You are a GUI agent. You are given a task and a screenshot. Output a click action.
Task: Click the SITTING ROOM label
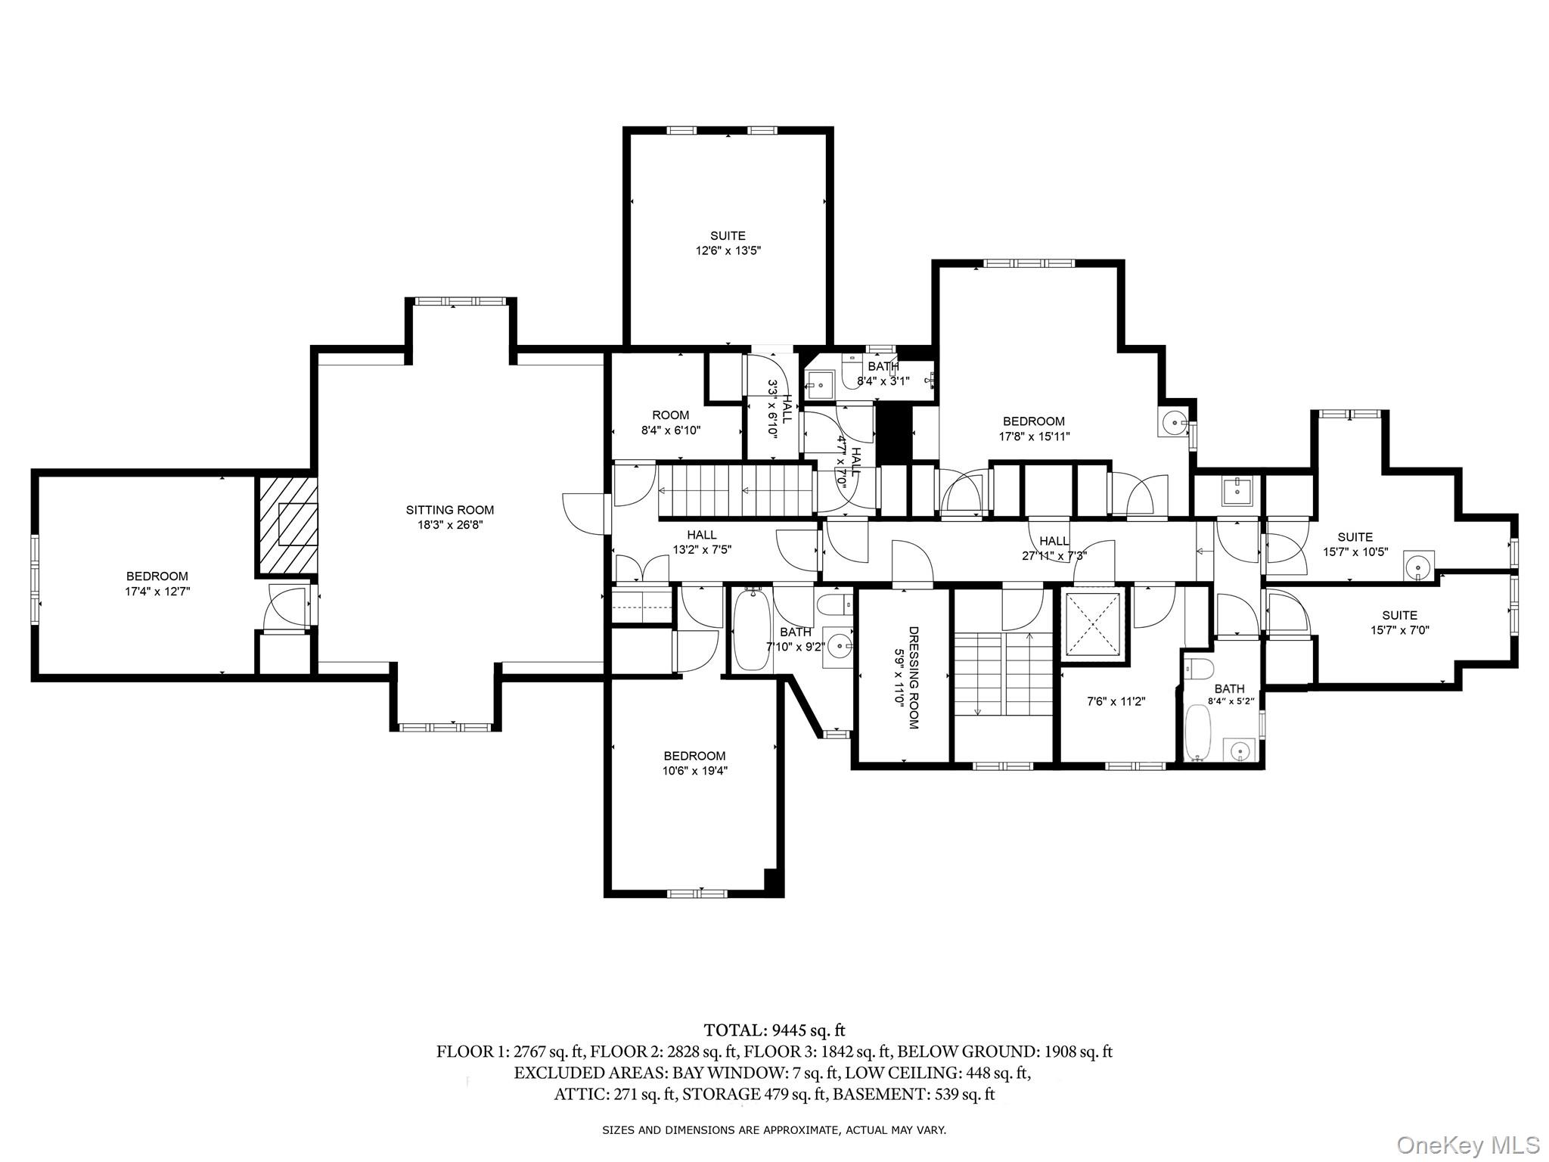pyautogui.click(x=449, y=510)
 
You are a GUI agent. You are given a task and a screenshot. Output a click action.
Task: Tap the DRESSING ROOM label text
pyautogui.click(x=914, y=678)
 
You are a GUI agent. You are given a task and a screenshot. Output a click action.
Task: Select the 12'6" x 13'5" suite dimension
pyautogui.click(x=728, y=250)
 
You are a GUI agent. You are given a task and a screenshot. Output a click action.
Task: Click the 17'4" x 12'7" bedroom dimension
pyautogui.click(x=157, y=592)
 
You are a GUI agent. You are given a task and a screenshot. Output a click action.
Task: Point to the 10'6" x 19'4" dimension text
pyautogui.click(x=694, y=771)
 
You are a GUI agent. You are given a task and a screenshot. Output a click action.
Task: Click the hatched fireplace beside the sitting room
pyautogui.click(x=288, y=524)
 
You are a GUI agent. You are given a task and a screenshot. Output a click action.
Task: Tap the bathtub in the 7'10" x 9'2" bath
pyautogui.click(x=752, y=629)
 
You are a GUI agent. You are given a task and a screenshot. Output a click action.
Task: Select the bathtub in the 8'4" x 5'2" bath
pyautogui.click(x=1197, y=732)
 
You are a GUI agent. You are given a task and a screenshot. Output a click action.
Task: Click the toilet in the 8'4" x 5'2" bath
pyautogui.click(x=1199, y=668)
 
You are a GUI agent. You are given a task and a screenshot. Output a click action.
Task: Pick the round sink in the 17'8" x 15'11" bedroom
pyautogui.click(x=1174, y=422)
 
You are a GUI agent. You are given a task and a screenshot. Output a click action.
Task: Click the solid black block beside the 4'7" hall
pyautogui.click(x=894, y=432)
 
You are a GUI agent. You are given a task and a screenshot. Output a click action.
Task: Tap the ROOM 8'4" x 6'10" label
pyautogui.click(x=671, y=423)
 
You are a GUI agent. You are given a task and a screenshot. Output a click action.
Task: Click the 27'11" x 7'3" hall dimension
pyautogui.click(x=1054, y=555)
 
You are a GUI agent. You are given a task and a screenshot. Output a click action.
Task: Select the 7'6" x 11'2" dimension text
pyautogui.click(x=1116, y=701)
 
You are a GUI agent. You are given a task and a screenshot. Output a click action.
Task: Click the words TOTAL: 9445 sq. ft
pyautogui.click(x=774, y=1030)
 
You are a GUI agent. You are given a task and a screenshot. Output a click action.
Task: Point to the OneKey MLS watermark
pyautogui.click(x=1468, y=1144)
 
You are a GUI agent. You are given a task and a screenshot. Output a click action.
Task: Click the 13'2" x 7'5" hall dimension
pyautogui.click(x=702, y=550)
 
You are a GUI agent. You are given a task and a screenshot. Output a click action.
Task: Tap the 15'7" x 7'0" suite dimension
pyautogui.click(x=1399, y=629)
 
